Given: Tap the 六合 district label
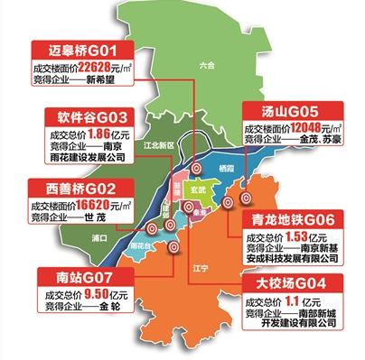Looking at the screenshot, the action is (x=207, y=65).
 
